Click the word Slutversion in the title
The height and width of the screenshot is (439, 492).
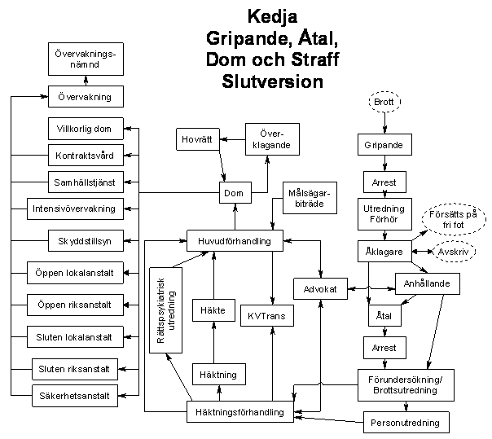click(x=272, y=81)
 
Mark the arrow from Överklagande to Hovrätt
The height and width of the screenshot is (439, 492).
click(x=232, y=139)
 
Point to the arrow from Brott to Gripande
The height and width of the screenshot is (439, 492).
click(x=384, y=123)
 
